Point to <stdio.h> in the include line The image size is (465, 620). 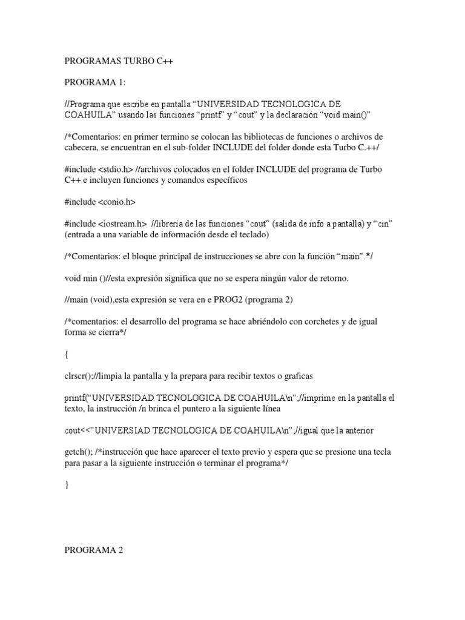point(117,168)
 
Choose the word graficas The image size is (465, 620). point(294,376)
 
